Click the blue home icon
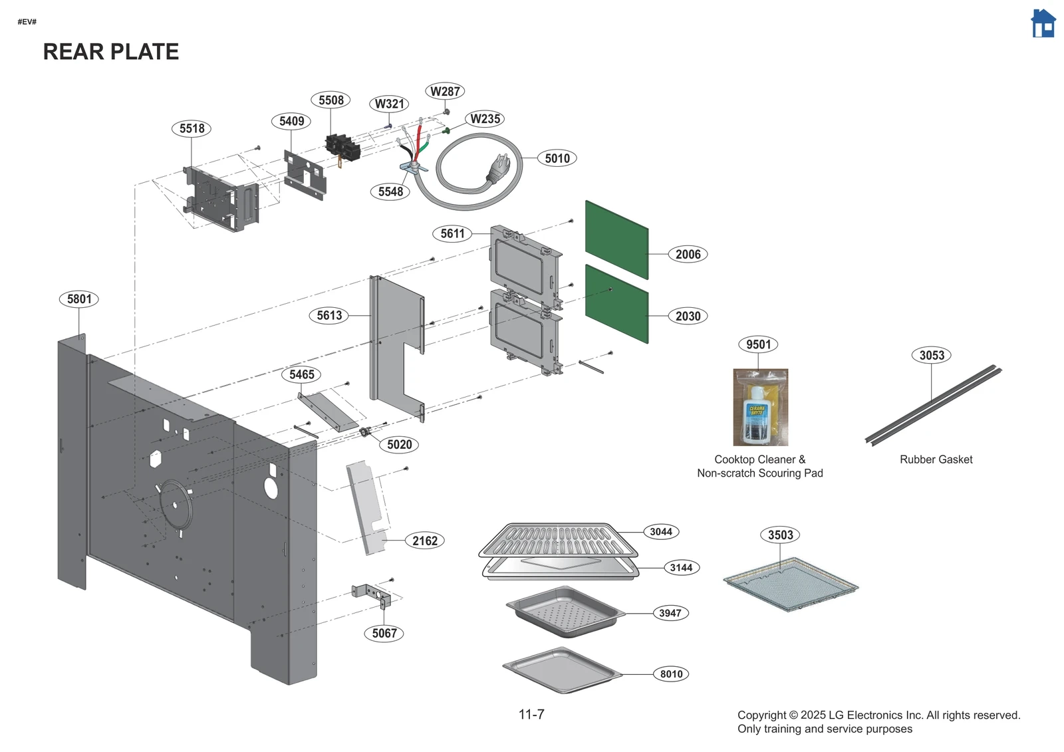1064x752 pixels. tap(1043, 24)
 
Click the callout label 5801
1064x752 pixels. tap(79, 299)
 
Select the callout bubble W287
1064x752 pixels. tap(445, 92)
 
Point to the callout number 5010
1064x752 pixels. tap(557, 158)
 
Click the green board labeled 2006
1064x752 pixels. tap(616, 239)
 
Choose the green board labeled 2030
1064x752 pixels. tap(616, 304)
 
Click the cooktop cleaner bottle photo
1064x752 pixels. tap(760, 408)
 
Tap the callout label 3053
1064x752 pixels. tap(931, 355)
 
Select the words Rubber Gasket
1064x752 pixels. tap(936, 459)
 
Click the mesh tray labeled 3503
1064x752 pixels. tap(790, 585)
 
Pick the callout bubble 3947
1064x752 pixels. tap(670, 613)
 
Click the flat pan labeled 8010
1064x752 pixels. tap(562, 670)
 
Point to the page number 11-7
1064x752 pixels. tap(531, 715)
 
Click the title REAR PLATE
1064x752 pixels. tap(111, 52)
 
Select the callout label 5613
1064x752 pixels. tap(329, 315)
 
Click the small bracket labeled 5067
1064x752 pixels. tap(372, 593)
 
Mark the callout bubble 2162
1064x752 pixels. tap(424, 541)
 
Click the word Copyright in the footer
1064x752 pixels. tap(761, 715)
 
